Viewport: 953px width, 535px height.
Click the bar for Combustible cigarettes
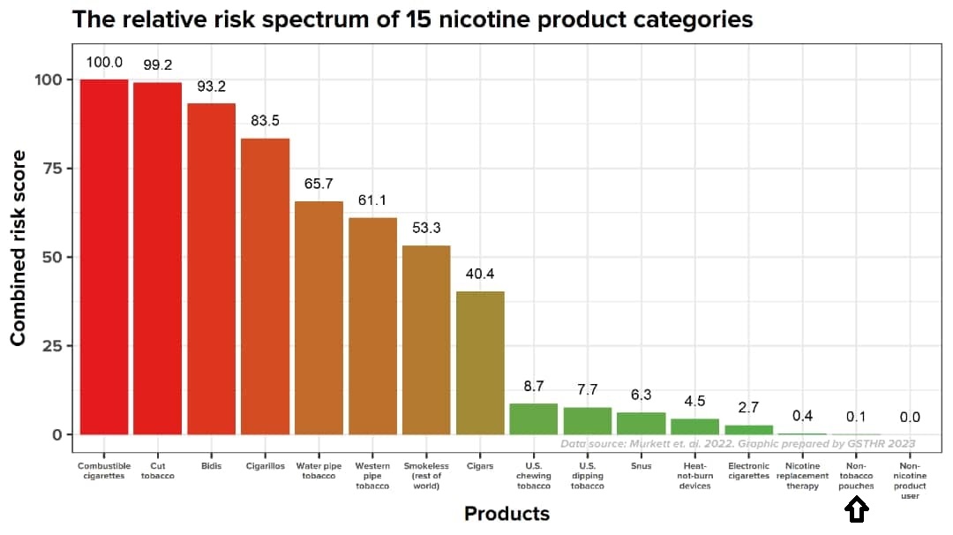[104, 256]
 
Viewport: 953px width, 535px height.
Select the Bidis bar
[212, 268]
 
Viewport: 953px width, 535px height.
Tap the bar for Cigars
[480, 362]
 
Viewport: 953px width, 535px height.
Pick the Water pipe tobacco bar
[319, 318]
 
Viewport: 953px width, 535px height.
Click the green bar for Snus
[641, 424]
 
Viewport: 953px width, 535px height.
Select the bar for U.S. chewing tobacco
[534, 419]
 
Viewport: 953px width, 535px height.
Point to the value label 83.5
[265, 121]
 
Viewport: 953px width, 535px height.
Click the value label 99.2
[158, 65]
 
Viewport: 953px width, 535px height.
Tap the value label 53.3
[426, 228]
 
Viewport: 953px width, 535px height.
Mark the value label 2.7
[748, 408]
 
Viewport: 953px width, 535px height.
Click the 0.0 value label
[910, 417]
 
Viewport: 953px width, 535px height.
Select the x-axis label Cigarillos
[265, 466]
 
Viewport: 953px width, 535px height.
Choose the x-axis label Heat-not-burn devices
[694, 476]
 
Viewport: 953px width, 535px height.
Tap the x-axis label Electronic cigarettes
[748, 471]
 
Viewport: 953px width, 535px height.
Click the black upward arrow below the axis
[857, 510]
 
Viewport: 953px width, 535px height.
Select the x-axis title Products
[507, 514]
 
